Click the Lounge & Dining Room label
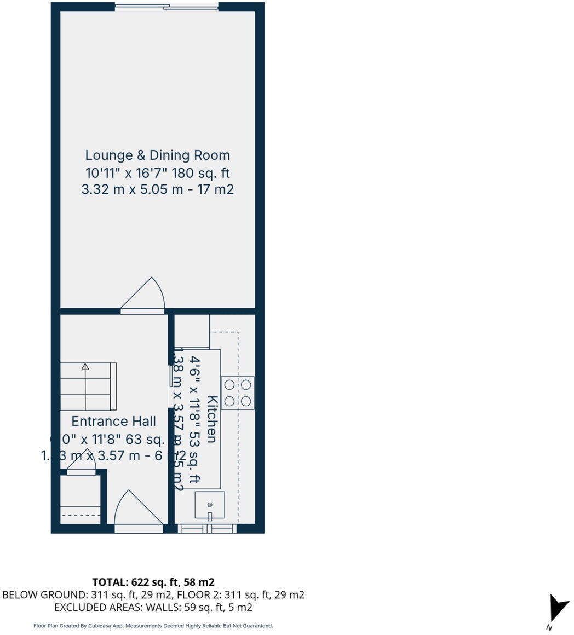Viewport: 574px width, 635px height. coord(157,155)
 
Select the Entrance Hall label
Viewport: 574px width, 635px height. coord(114,421)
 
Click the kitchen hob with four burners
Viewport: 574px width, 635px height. coord(238,392)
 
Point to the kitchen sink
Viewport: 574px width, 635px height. coord(210,505)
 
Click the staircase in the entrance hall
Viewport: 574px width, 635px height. coord(88,386)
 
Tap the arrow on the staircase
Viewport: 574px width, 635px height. coord(85,367)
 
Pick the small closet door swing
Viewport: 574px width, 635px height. coord(82,467)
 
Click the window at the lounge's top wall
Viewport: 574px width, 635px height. coord(167,7)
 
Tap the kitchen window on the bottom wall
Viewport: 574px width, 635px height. coord(208,528)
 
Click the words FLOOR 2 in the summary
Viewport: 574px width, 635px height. coord(211,594)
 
